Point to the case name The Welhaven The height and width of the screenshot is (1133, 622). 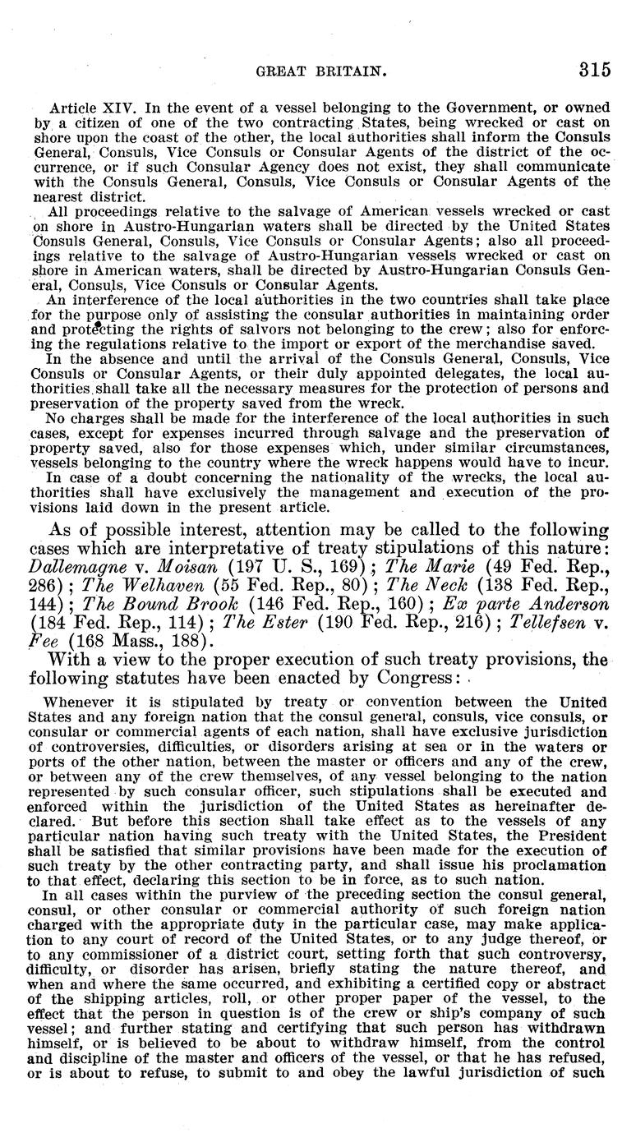click(x=137, y=585)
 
